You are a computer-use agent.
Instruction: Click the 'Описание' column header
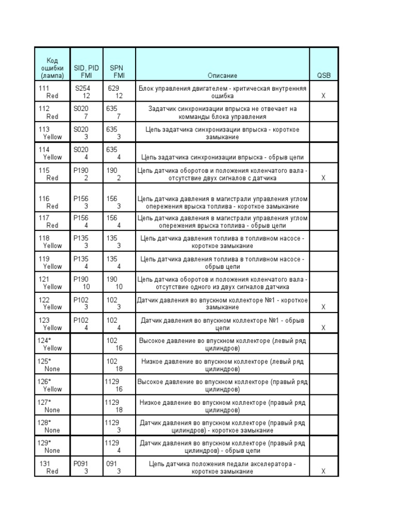point(223,75)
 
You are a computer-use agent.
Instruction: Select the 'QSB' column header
point(324,75)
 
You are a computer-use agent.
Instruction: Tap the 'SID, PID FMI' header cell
point(86,71)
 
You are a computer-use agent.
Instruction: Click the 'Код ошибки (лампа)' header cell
point(52,67)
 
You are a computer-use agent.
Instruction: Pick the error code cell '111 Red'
point(52,92)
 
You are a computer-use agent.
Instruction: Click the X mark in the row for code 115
point(324,178)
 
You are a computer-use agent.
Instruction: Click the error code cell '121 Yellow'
point(52,283)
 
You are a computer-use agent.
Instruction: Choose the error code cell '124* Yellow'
point(52,344)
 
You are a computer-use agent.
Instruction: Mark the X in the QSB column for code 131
point(324,471)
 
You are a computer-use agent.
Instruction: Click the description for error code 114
point(223,157)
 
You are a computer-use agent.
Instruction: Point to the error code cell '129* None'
point(52,447)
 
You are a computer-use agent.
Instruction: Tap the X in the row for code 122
point(324,307)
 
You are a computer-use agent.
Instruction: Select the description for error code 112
point(223,112)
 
